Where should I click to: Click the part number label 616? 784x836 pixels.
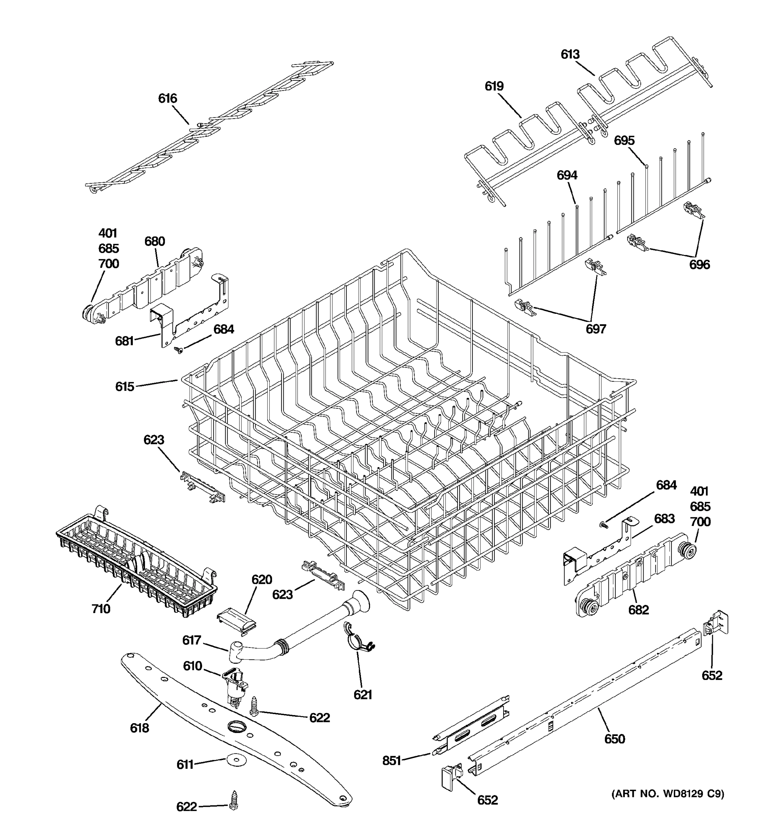[167, 98]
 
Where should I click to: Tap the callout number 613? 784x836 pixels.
[570, 54]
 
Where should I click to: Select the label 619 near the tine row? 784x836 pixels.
[494, 86]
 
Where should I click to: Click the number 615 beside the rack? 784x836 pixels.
[124, 386]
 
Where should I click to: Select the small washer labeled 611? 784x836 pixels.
[232, 759]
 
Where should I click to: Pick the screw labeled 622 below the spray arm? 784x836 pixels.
[233, 799]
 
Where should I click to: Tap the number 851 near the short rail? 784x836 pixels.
[391, 760]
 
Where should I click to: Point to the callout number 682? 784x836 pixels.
[638, 610]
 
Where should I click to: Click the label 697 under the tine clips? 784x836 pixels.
[595, 329]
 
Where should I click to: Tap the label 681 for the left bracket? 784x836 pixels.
[124, 341]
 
